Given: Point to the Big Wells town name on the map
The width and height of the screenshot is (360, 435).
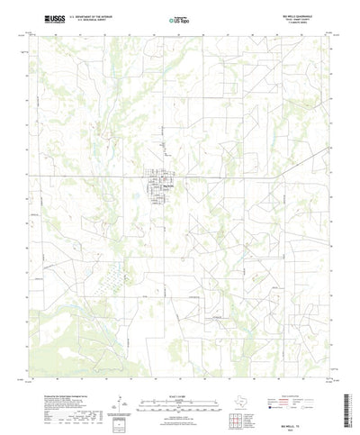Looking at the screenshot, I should (167, 181).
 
